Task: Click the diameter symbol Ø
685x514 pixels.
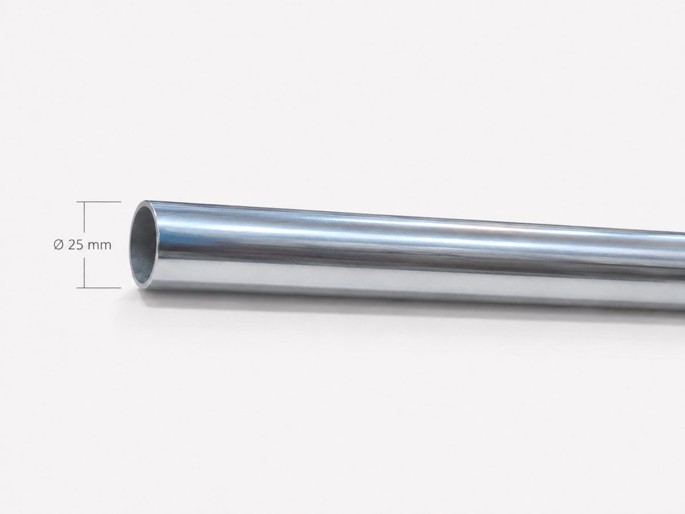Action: [58, 245]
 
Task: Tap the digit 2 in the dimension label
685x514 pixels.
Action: [71, 245]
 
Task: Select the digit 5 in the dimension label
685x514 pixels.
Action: [79, 245]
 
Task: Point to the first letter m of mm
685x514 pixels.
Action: [94, 246]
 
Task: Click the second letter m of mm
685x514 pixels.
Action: [106, 246]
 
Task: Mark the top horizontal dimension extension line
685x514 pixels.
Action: [99, 202]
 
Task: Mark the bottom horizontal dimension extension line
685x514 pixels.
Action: [99, 288]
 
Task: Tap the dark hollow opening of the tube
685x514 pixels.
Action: [144, 246]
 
